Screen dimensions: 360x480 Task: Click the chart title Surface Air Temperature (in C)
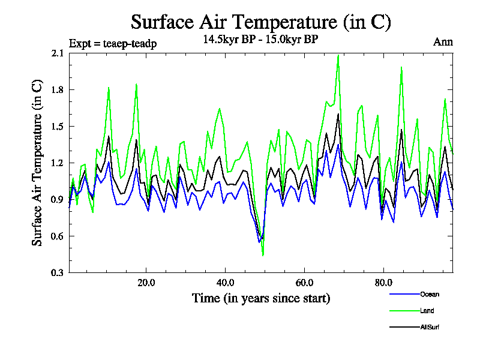pos(261,22)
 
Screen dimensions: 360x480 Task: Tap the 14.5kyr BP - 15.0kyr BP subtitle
pos(261,40)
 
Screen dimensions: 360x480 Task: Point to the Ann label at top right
pos(443,42)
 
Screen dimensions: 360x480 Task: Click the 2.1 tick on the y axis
pos(58,53)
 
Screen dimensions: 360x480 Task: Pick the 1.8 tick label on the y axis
pos(58,90)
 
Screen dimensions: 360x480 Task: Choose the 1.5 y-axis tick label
pos(58,127)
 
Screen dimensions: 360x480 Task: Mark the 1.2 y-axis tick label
pos(58,163)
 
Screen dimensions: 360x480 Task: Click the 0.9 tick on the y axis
pos(58,200)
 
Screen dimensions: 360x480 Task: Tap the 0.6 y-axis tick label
pos(58,236)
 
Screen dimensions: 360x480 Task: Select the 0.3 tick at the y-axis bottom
pos(58,273)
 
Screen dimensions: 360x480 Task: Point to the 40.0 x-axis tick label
pos(225,283)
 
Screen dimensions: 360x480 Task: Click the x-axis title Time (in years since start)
pos(261,298)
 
